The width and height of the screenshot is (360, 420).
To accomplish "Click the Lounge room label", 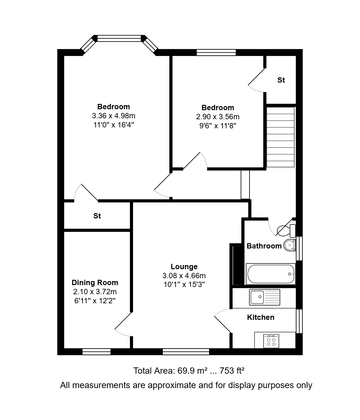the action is coord(184,266).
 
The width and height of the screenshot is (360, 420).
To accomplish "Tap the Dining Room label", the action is coord(95,282).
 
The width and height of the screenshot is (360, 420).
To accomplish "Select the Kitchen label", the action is coord(260,317).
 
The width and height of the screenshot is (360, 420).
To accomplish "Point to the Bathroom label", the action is coord(264,246).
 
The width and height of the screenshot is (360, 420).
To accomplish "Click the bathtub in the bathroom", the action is coord(270,274).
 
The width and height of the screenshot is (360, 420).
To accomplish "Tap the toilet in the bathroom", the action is coord(286,231).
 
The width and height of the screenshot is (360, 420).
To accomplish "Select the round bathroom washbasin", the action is coord(290,245).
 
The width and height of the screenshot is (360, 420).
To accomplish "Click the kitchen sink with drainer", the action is coord(265,297).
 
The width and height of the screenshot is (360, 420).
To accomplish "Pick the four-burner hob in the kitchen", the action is coord(271,341).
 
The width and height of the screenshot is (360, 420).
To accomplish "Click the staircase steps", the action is coord(280,137).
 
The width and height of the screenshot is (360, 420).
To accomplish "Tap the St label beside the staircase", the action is coord(281,80).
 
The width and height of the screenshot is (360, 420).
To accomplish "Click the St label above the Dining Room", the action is coord(97,216).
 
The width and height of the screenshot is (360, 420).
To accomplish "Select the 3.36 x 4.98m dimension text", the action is coord(113,115).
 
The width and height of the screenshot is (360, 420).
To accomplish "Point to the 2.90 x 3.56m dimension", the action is coord(218,117).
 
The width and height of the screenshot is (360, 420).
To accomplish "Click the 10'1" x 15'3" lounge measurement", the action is coord(184,284).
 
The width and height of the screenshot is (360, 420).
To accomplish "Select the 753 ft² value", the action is coord(232,371).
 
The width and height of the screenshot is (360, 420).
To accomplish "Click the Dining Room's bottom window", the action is coord(96,352).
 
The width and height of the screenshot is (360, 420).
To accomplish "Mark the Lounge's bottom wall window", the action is coord(186,352).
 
